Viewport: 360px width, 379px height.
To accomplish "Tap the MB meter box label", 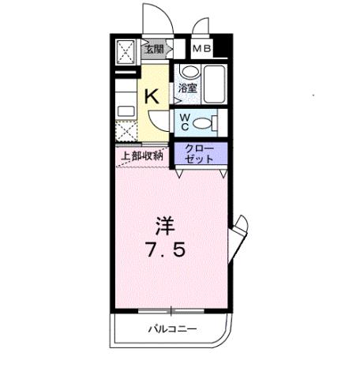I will pos(202,49).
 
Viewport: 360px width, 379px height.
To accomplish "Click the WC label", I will pos(184,122).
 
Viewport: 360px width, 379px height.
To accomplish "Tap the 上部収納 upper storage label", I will pos(142,156).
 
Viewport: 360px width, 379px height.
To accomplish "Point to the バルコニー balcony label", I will pos(171,328).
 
